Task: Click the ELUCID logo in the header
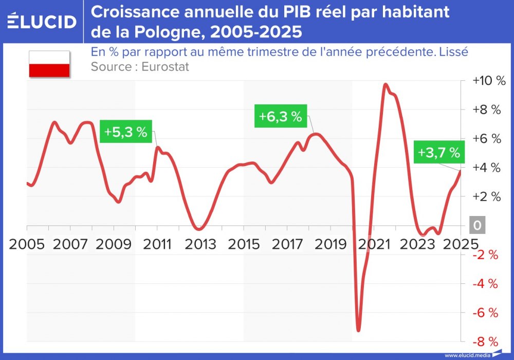[x=42, y=21]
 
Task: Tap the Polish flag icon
[x=49, y=64]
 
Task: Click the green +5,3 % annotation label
[x=125, y=132]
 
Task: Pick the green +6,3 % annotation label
[x=280, y=116]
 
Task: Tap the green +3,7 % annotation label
[x=438, y=152]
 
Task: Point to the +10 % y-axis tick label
[x=489, y=81]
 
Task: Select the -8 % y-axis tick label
[x=486, y=341]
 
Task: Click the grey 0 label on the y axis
[x=478, y=226]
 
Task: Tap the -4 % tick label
[x=486, y=283]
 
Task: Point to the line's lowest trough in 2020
[x=358, y=330]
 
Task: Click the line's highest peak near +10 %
[x=385, y=84]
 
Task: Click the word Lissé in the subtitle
[x=453, y=52]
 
